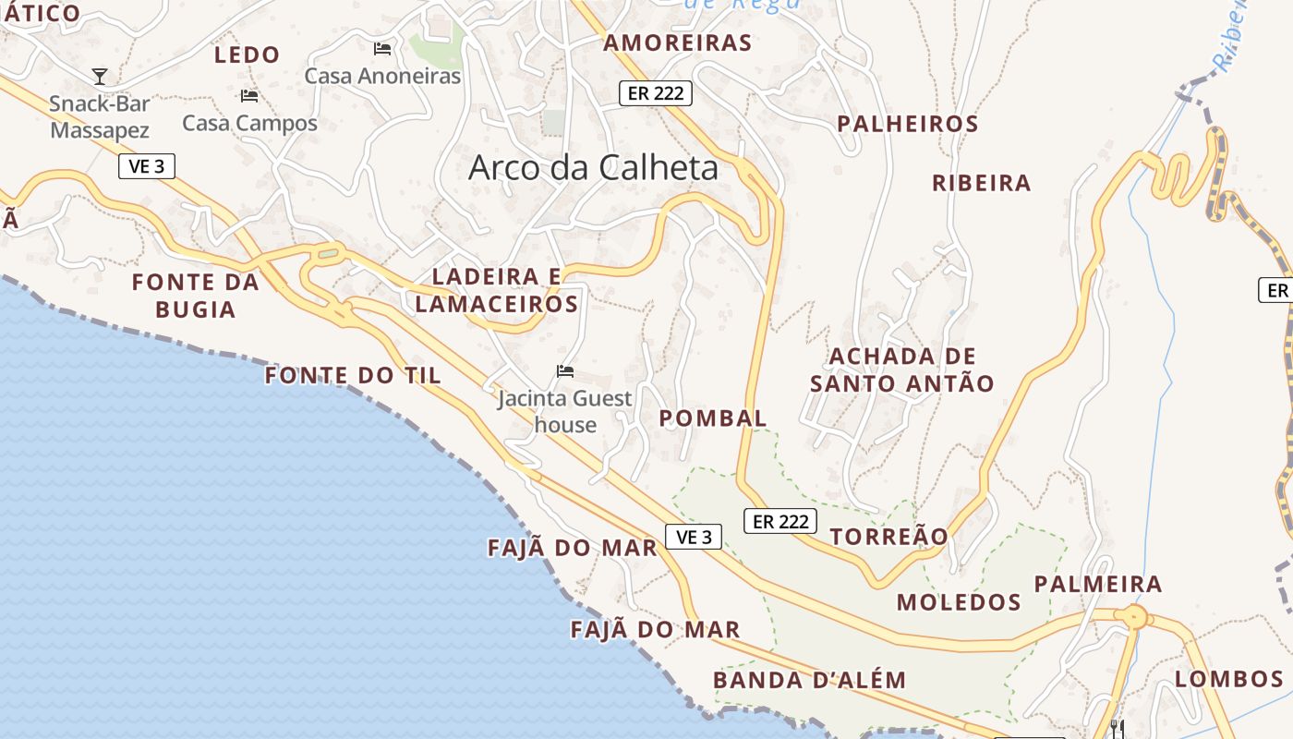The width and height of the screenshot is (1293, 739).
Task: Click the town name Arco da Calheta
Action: [593, 167]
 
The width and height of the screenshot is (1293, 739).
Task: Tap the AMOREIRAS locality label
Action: [677, 42]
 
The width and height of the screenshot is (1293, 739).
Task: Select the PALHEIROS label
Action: [907, 124]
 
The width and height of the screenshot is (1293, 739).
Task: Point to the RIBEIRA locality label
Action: [981, 183]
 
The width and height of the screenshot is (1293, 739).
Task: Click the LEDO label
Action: [247, 55]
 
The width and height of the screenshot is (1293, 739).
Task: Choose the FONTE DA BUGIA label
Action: [195, 296]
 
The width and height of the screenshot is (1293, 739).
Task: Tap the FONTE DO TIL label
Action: [353, 375]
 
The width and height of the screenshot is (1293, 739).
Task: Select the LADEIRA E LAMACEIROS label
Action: [497, 290]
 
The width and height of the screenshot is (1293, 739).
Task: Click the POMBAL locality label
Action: [712, 418]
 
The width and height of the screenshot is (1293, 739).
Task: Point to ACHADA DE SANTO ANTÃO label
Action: [901, 369]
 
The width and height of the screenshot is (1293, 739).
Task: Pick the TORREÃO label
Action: [888, 537]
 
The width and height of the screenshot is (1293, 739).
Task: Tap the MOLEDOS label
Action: [959, 603]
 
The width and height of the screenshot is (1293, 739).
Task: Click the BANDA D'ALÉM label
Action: [809, 681]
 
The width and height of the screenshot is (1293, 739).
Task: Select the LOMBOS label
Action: [1228, 679]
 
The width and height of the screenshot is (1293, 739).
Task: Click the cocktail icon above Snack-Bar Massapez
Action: [100, 76]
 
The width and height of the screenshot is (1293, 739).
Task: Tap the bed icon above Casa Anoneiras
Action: [382, 48]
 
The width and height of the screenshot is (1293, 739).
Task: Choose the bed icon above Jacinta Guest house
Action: [565, 371]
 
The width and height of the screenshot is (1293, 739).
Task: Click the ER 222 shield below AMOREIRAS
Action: [655, 92]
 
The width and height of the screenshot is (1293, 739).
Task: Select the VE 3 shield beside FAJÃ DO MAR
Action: [694, 537]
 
